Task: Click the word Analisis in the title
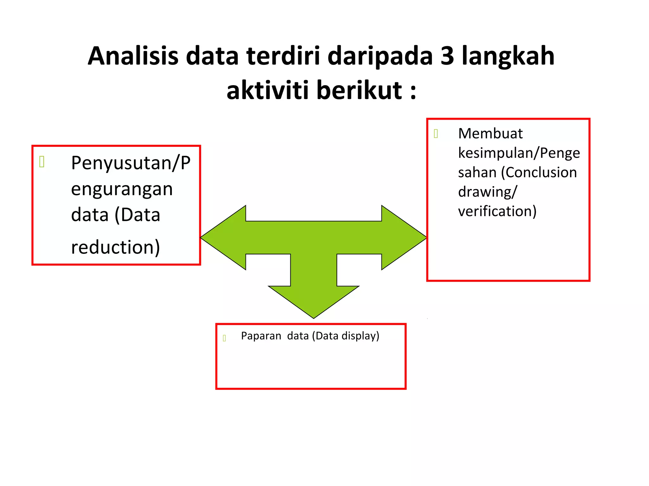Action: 133,56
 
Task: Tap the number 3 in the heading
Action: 447,56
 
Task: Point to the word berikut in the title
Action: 359,90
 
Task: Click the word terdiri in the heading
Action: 283,56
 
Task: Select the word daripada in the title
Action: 380,56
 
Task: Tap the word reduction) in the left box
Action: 115,247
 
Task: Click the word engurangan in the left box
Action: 122,189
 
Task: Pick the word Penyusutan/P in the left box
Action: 131,163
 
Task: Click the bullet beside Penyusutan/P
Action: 42,162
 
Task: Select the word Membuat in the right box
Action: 490,134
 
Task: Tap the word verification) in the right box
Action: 497,211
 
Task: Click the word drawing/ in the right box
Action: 487,192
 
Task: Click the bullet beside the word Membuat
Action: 436,134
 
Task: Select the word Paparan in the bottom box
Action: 261,336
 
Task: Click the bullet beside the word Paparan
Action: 224,338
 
